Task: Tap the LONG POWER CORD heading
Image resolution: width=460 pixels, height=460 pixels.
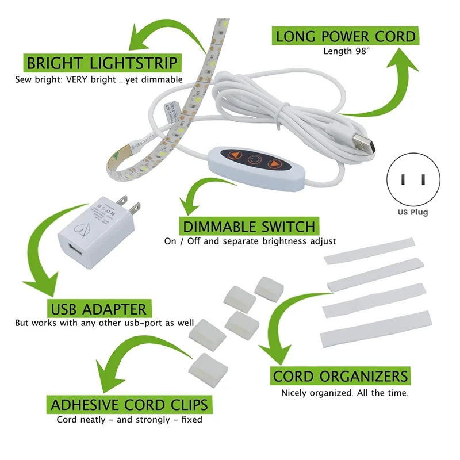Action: tap(345, 36)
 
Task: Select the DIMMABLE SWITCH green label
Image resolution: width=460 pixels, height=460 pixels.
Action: tap(248, 225)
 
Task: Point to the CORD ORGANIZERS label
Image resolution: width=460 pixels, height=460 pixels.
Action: tap(340, 377)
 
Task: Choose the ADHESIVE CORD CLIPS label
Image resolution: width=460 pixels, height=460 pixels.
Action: tap(129, 404)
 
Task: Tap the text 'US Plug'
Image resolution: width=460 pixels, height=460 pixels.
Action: tap(412, 212)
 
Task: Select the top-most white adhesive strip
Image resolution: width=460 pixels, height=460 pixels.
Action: tap(370, 250)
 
